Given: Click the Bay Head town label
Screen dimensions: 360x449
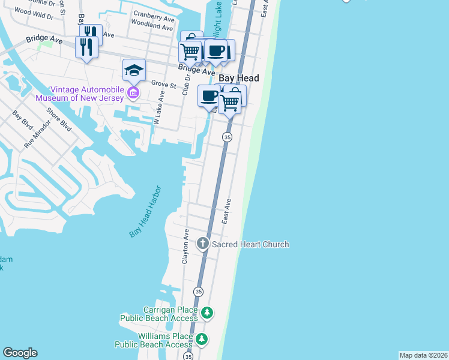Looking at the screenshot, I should point(239,79).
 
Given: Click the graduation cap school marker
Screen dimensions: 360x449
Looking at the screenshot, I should point(134,71).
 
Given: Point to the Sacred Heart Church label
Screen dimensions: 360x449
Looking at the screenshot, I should point(250,244).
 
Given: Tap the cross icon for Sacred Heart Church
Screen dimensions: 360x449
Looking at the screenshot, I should point(203,244).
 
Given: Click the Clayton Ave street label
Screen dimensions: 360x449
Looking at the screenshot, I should point(186,247).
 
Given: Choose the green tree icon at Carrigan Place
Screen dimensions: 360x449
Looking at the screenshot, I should point(206,313).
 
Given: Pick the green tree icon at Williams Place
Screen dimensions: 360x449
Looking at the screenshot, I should point(202,340).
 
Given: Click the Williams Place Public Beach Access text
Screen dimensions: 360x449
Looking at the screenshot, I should point(154,340).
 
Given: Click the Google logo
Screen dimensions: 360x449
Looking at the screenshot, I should point(20,353).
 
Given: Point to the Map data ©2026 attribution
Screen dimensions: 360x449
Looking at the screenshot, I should point(423,355).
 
